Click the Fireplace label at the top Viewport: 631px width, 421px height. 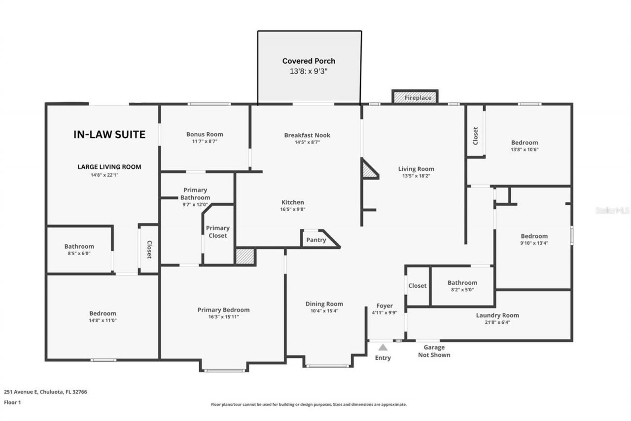pos(418,98)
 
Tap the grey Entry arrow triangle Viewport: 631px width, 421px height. pos(383,347)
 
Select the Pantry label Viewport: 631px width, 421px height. pos(316,240)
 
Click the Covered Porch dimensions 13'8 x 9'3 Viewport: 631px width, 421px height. pos(309,71)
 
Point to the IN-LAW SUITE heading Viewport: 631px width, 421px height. pos(109,135)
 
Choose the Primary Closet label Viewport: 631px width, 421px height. pos(218,232)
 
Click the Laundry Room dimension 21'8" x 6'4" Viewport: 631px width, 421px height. pos(497,322)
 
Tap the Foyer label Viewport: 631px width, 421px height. pos(385,306)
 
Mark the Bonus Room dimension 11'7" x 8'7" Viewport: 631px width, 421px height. pos(205,141)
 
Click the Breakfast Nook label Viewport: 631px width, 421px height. pos(307,135)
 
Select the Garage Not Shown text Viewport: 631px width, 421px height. pos(434,351)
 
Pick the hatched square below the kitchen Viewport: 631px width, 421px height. pos(245,256)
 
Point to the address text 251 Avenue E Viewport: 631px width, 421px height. pos(21,392)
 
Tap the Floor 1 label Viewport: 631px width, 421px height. pos(12,402)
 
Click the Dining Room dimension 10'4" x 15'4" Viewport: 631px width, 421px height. pos(324,311)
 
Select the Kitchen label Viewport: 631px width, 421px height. pos(293,202)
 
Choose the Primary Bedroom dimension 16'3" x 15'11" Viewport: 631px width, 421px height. pos(224,317)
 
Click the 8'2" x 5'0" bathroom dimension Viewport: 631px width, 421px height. pos(462,290)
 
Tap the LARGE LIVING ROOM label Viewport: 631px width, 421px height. pos(109,167)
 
